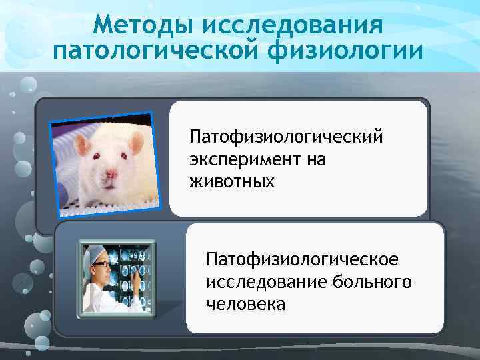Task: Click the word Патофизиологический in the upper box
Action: point(287,137)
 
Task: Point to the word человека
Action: point(245,304)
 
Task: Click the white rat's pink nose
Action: point(111,175)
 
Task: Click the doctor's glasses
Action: point(101,265)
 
